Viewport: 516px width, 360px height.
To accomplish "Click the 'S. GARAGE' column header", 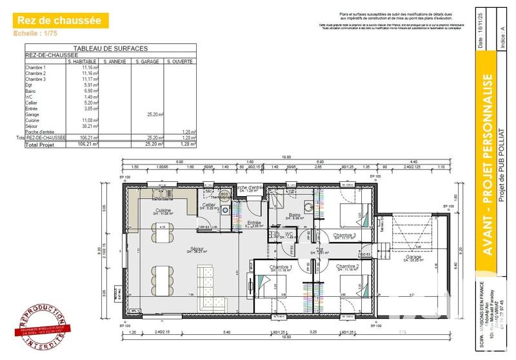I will pos(146,61).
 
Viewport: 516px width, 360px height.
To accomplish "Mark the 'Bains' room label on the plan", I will pos(295,216).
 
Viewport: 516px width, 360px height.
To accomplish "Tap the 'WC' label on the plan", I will pos(290,235).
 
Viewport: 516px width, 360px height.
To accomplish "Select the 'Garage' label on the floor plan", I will pos(413,256).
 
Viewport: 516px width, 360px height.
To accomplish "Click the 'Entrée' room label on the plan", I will pos(254,223).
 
